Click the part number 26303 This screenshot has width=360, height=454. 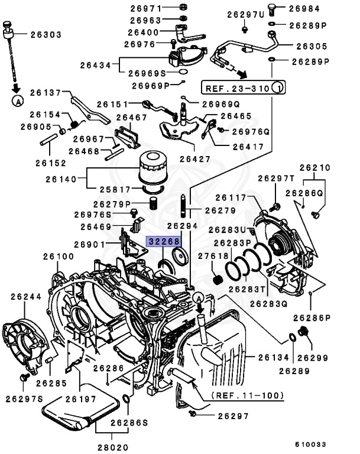46,35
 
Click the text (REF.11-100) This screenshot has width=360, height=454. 248,395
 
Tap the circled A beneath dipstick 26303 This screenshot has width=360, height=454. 17,100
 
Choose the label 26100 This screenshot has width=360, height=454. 59,257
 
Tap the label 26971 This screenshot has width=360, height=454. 145,8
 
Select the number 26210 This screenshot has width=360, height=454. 316,167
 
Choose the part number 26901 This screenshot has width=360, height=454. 90,244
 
